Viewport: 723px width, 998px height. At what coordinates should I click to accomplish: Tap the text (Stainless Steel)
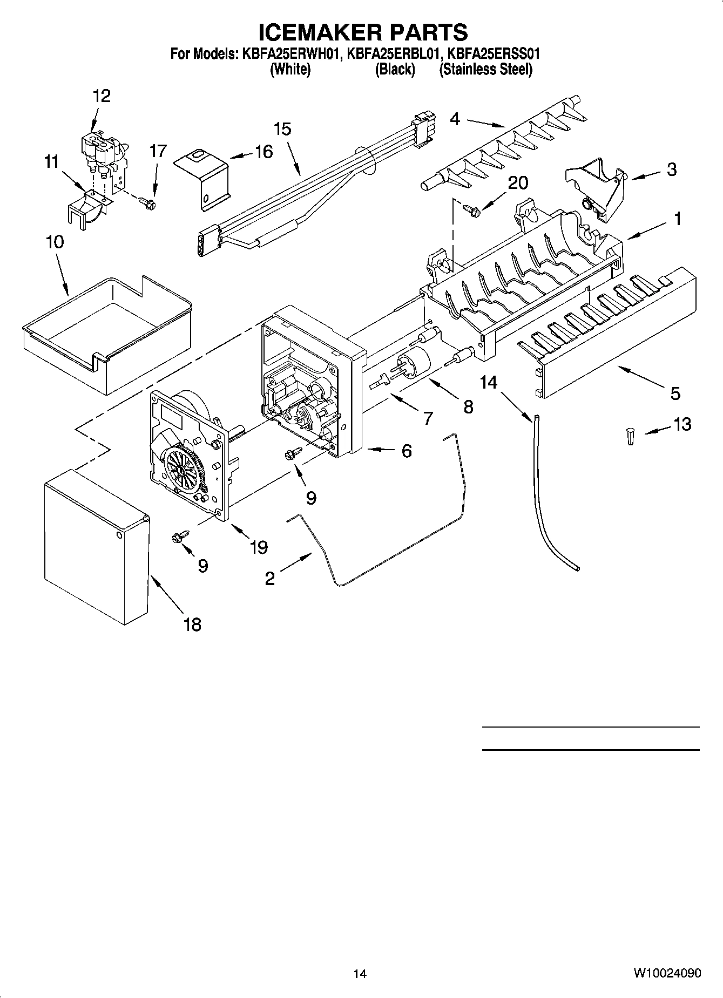tap(485, 70)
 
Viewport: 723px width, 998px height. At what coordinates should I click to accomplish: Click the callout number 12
tap(102, 96)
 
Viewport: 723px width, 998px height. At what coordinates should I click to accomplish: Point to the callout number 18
tap(192, 625)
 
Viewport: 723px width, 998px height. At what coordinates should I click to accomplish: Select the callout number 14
tap(489, 382)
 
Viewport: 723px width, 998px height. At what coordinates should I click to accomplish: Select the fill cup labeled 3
tap(594, 189)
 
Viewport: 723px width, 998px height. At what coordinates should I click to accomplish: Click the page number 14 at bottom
tap(360, 974)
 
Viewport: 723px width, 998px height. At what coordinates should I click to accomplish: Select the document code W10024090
tap(667, 974)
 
